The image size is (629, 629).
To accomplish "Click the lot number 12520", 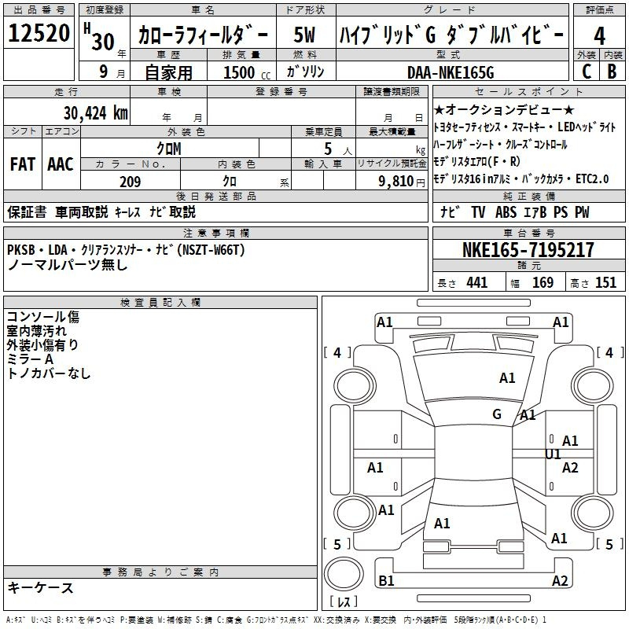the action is pos(39,33).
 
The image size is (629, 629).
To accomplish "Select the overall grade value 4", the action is pos(599,36).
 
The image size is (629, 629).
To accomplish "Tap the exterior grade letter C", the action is pos(587,72).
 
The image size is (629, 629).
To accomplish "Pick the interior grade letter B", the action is pos(612,72).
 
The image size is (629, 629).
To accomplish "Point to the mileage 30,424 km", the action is pos(95,113).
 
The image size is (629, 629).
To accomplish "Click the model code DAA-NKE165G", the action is pos(451,72).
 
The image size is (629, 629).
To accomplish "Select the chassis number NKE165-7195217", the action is pos(528,250).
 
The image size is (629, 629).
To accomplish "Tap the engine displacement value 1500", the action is pos(239,72).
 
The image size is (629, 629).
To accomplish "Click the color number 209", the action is pos(130,182).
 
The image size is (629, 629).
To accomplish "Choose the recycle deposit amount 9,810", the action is pos(396,182).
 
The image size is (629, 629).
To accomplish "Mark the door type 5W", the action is pos(304,35).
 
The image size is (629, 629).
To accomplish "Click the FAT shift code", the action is pos(23,164).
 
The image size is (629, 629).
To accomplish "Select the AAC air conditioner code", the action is pos(61,164).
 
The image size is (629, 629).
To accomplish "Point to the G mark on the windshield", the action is pos(497,414).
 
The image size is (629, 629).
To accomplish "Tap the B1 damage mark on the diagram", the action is pos(386,580).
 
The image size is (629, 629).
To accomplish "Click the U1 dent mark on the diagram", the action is pos(553,454).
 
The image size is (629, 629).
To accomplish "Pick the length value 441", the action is pos(477,283).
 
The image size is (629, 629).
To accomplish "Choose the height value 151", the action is pos(605,283).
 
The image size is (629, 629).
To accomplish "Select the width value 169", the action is pos(543,283).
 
